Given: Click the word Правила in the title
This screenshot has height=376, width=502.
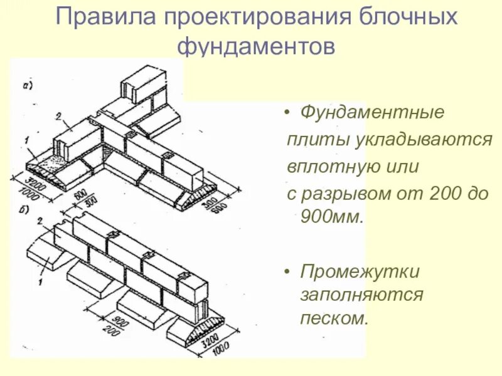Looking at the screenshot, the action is [93, 17].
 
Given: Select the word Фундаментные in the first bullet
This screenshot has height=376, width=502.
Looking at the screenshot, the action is [373, 113].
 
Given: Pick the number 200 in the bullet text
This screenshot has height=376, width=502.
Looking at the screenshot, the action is [452, 194].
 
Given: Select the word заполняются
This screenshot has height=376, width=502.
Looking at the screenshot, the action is [361, 295].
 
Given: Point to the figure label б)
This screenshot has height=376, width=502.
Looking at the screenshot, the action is [24, 209].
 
